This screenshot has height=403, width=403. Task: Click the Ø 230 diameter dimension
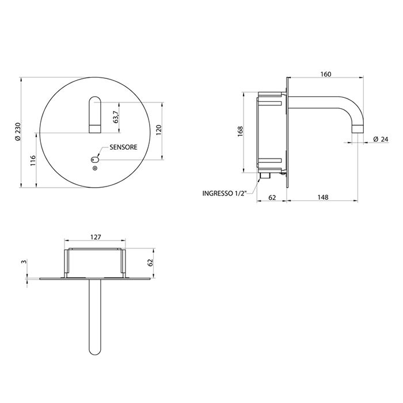click(x=17, y=132)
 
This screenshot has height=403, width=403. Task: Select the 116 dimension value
click(x=33, y=161)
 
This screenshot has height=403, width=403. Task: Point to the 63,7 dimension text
click(x=116, y=117)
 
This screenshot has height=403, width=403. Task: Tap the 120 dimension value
click(x=158, y=131)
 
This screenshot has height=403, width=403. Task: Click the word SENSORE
click(x=123, y=147)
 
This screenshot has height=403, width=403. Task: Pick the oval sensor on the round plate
click(x=94, y=160)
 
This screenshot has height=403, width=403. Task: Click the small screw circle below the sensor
click(x=95, y=168)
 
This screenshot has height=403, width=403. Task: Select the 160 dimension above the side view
click(x=326, y=74)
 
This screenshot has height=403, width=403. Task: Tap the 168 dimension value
click(x=240, y=132)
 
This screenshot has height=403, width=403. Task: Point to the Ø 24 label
click(x=381, y=139)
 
